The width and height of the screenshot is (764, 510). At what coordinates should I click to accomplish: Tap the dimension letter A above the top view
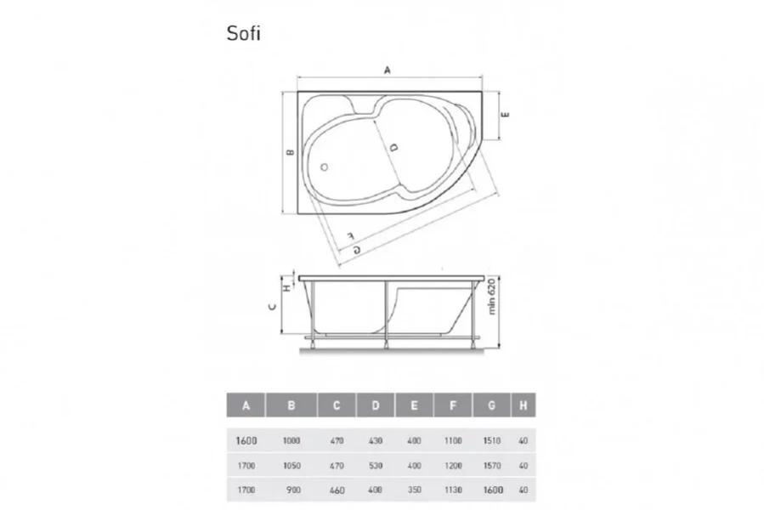click(388, 71)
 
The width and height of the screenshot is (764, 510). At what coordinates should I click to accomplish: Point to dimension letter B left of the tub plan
click(290, 153)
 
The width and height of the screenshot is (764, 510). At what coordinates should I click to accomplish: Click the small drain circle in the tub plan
click(325, 166)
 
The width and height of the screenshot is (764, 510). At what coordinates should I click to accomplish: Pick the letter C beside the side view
click(271, 308)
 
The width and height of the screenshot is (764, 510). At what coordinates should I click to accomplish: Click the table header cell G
click(492, 405)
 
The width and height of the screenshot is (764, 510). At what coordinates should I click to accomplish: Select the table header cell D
click(376, 405)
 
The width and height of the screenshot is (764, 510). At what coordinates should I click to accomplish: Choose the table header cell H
click(523, 405)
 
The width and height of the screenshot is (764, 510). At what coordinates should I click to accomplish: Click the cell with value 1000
click(291, 441)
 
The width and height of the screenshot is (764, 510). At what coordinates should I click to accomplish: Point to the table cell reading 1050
click(291, 466)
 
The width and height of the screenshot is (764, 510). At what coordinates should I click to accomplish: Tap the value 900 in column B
click(291, 490)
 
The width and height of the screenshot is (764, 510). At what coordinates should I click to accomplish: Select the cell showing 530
click(376, 466)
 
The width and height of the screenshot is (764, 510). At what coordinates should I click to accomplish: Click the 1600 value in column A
click(246, 441)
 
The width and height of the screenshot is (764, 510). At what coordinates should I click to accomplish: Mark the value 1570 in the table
click(492, 466)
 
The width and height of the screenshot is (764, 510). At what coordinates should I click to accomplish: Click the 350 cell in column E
click(414, 490)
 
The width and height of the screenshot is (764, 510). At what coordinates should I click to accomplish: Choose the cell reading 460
click(337, 490)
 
